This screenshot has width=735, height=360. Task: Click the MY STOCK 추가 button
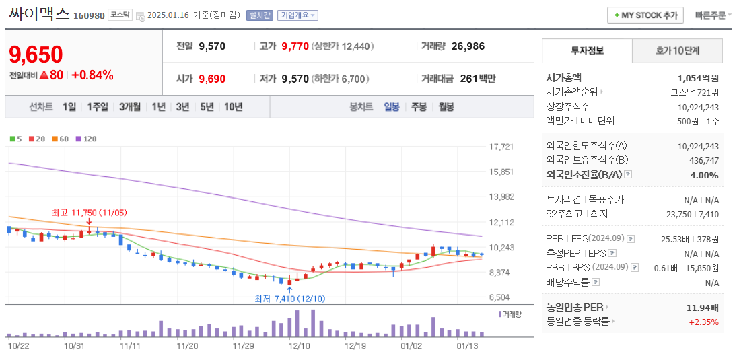click(x=645, y=15)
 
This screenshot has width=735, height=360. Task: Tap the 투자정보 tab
click(x=587, y=51)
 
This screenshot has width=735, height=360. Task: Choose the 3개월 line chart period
click(x=130, y=107)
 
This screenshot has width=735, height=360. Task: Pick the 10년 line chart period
click(x=234, y=107)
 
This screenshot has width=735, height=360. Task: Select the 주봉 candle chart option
click(x=419, y=107)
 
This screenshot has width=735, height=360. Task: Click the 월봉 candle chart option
click(x=446, y=107)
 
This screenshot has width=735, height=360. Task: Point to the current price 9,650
click(x=36, y=55)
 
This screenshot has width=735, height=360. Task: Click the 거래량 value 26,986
click(x=468, y=46)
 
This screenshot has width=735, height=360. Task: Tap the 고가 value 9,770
click(x=295, y=46)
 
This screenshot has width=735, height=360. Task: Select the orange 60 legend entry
click(x=61, y=139)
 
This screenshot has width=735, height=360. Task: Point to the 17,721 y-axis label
click(x=501, y=147)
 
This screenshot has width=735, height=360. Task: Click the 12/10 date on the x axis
click(x=299, y=345)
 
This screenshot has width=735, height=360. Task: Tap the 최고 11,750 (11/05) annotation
click(x=89, y=213)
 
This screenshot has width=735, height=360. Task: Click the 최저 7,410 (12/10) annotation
click(x=289, y=298)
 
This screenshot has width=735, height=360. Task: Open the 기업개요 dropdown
click(x=298, y=15)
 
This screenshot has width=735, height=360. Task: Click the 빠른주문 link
click(x=711, y=15)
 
